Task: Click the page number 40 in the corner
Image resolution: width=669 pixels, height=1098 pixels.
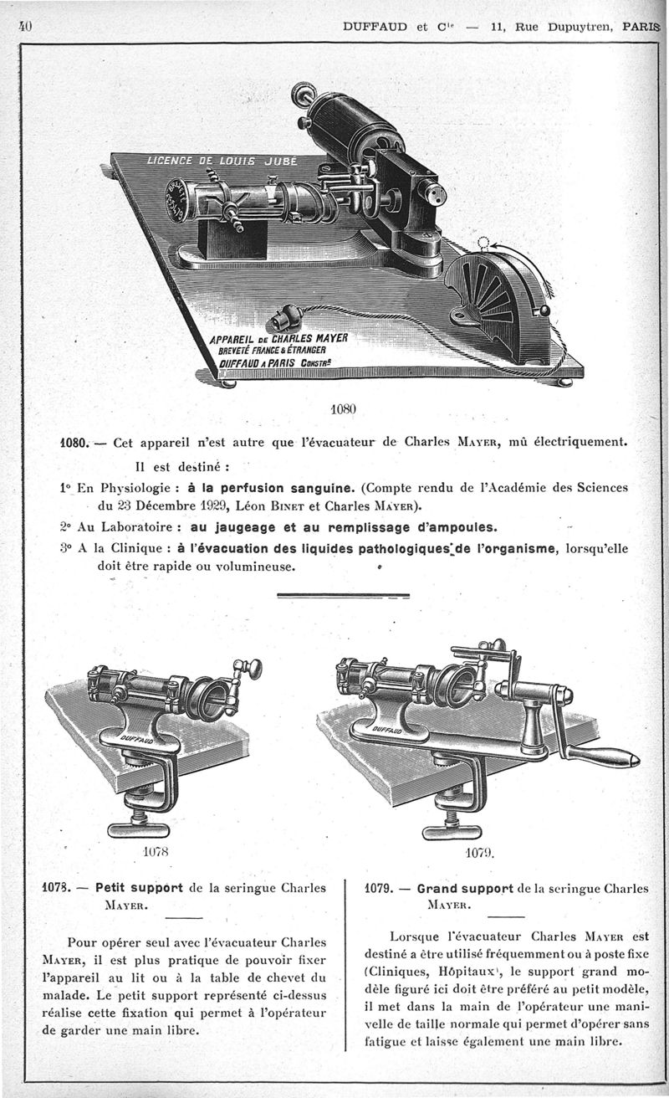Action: tap(23, 25)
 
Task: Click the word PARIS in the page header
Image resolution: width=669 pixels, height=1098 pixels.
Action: tap(640, 26)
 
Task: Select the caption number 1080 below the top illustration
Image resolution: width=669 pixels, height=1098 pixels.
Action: tap(343, 409)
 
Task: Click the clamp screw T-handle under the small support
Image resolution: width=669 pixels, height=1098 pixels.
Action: tap(139, 829)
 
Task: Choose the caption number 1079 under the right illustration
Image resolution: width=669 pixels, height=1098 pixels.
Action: tap(480, 854)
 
